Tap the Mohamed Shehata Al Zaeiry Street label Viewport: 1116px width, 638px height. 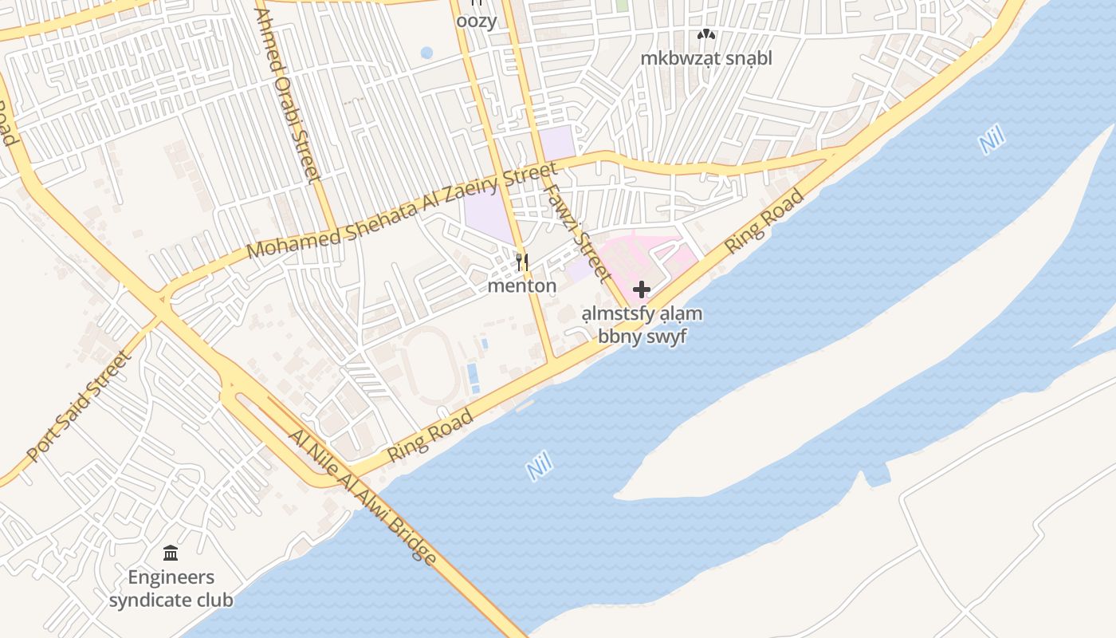click(402, 211)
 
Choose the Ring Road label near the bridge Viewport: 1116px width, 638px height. click(430, 435)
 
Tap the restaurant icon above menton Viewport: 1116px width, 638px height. click(522, 261)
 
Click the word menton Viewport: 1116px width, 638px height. click(522, 286)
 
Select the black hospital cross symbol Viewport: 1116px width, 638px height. click(642, 289)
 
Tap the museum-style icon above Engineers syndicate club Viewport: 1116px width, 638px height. click(171, 553)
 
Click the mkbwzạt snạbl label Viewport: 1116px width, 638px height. click(706, 58)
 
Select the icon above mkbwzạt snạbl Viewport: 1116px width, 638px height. click(706, 34)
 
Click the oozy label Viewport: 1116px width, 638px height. click(476, 22)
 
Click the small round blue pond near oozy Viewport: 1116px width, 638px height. click(426, 53)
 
